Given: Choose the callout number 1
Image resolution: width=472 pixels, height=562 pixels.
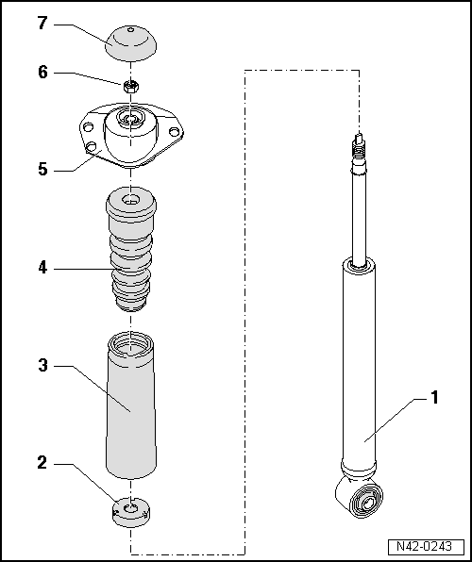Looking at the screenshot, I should point(434,399).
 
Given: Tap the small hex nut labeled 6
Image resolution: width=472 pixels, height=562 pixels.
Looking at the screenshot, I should point(130,87).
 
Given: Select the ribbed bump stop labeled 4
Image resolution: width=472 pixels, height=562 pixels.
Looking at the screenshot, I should point(131,255).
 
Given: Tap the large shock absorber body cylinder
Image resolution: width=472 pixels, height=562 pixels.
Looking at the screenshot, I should point(359,368).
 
